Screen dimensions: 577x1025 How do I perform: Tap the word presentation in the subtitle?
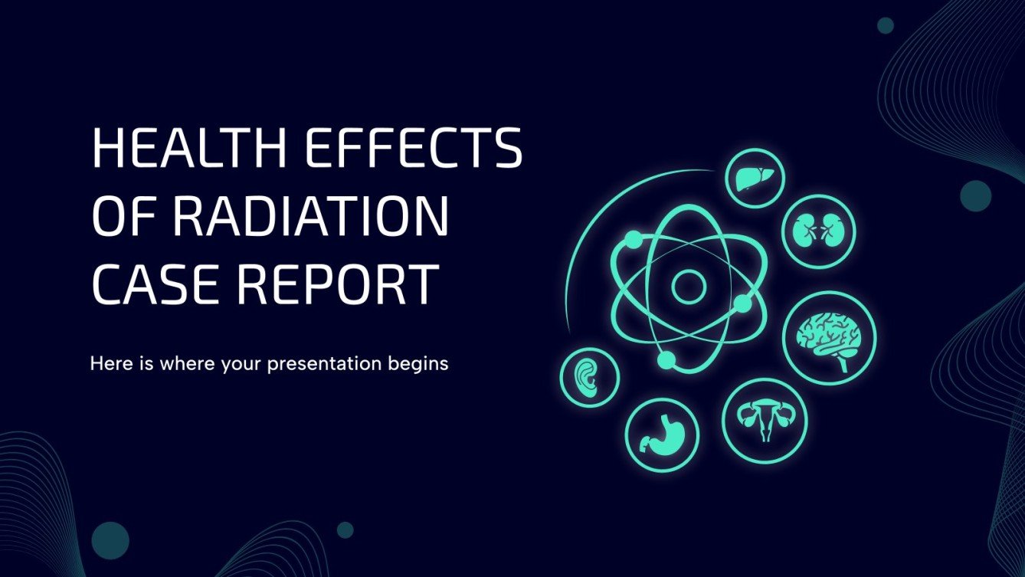323,364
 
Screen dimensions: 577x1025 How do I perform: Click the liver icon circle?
755,179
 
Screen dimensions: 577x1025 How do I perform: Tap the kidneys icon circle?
818,231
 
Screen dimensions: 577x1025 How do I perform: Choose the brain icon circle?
830,338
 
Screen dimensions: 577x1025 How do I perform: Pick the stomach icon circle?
662,434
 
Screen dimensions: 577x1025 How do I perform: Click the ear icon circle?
591,377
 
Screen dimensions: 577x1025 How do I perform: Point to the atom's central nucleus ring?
688,287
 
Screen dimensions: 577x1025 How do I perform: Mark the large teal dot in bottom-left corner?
110,540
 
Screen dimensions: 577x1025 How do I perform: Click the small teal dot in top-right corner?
886,25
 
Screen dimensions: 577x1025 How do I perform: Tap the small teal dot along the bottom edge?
345,529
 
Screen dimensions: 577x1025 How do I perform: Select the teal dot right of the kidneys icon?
976,195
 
